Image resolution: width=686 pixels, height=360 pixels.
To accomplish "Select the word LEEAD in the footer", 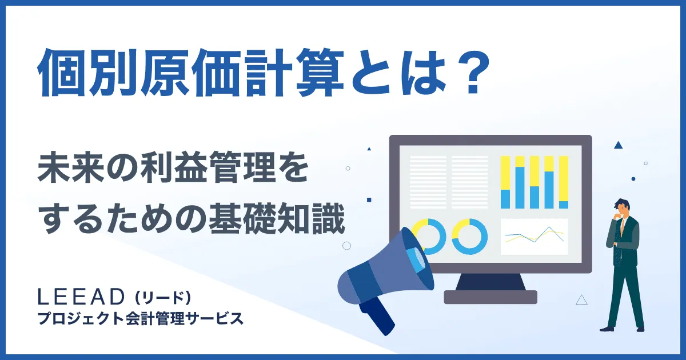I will pos(80,297).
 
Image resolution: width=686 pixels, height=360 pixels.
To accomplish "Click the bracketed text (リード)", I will pos(162,298).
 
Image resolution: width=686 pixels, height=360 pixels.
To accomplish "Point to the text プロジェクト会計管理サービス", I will pos(140,318).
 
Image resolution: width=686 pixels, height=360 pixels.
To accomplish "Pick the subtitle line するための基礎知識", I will pos(191,222).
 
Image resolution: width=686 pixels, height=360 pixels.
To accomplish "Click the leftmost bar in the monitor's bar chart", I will pos(505,182).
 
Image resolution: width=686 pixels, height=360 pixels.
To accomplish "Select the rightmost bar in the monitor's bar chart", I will pos(564,182).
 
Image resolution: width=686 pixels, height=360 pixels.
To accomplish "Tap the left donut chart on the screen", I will pos(428,236).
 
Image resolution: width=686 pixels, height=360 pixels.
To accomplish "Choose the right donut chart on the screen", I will pos(469,236).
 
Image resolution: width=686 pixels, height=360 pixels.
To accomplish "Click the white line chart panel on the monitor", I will pos(535,236).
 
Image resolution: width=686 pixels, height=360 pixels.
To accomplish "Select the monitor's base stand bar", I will pos(490,297).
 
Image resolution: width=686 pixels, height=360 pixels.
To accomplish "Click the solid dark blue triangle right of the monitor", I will pos(618,145).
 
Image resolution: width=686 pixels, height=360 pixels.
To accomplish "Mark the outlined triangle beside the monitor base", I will pos(582,299).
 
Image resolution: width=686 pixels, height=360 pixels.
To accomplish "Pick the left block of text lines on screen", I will pos(428,182).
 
